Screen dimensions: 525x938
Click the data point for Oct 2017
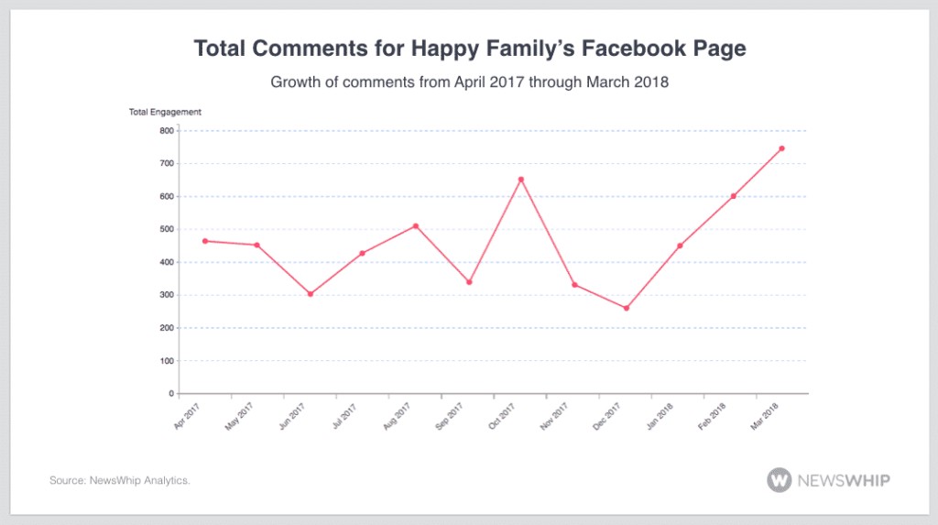point(521,180)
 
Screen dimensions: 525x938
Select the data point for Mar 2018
point(781,148)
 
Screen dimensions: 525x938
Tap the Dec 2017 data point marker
point(627,308)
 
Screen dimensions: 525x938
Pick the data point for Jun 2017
point(311,294)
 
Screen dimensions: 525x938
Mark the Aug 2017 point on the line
point(416,225)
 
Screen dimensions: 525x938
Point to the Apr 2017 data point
point(205,241)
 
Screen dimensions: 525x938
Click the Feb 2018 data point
point(734,196)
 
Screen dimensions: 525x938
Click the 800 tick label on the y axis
point(166,131)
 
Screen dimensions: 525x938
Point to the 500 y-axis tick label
point(166,229)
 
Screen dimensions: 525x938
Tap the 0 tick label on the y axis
point(170,394)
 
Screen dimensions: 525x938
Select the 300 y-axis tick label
point(166,295)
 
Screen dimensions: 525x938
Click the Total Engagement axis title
point(165,113)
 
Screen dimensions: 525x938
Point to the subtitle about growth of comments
point(469,82)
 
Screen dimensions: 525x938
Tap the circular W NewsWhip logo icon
point(780,479)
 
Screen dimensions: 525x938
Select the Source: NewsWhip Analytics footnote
point(120,480)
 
